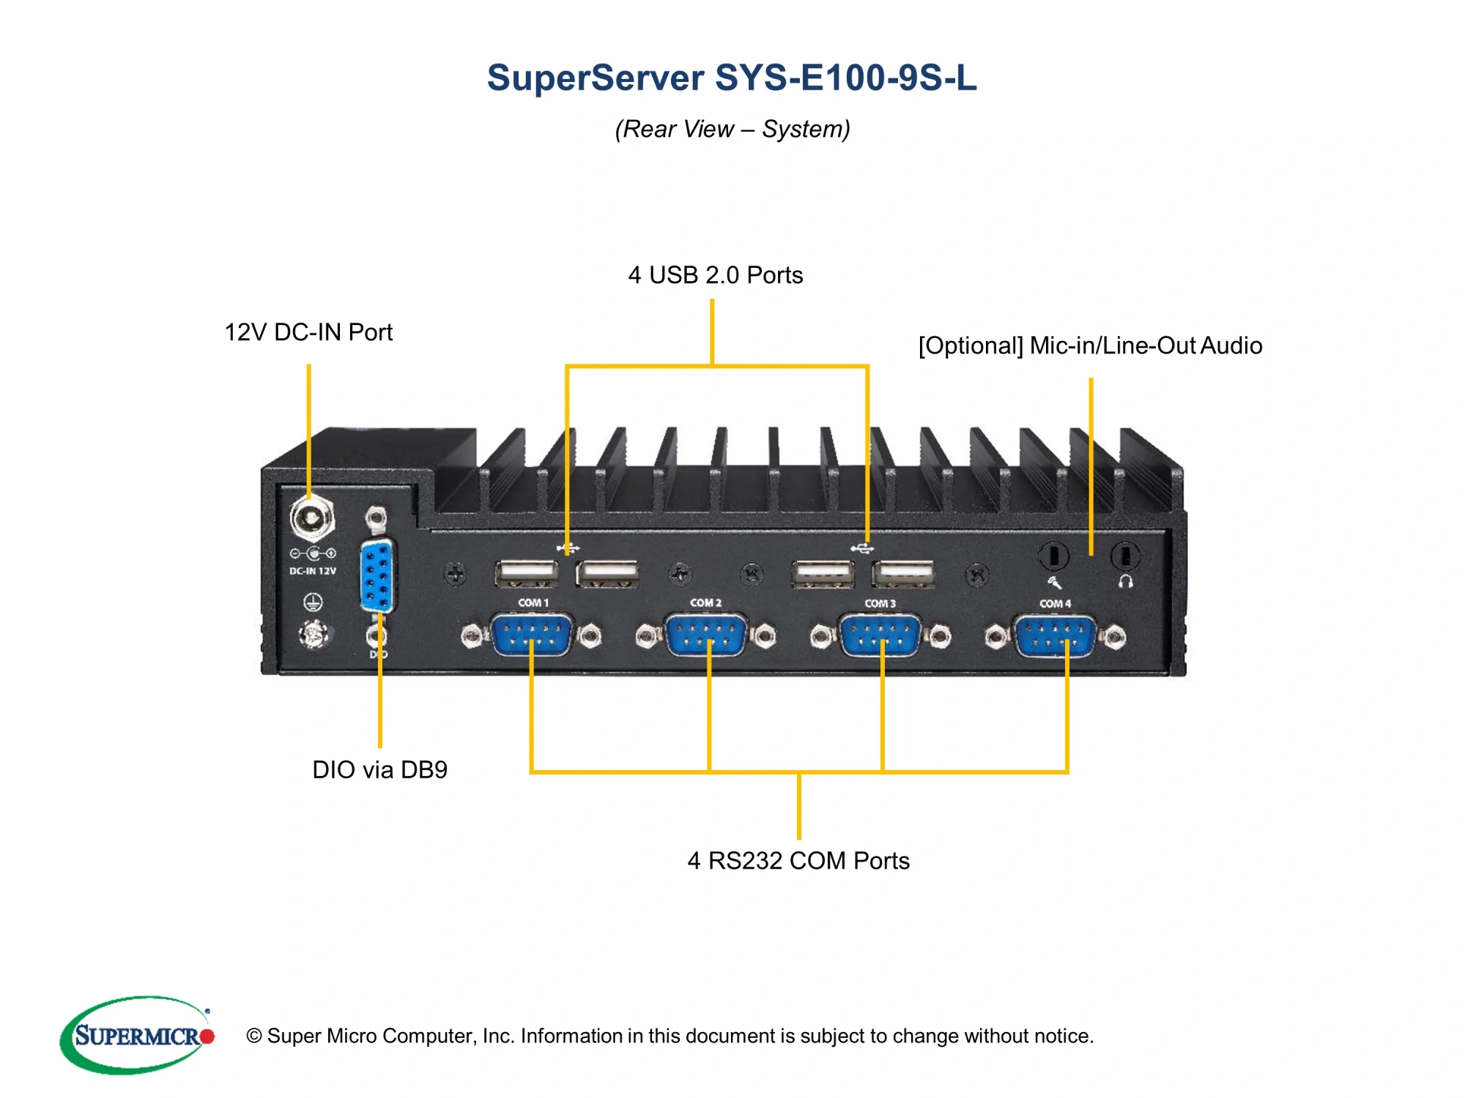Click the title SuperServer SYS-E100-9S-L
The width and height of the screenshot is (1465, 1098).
[732, 78]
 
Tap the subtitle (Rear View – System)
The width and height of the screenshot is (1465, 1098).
[732, 129]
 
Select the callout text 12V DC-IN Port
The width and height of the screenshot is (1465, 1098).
[308, 332]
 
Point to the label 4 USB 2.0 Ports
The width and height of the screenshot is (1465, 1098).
[715, 275]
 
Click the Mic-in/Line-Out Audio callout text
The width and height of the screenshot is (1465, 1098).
[1090, 346]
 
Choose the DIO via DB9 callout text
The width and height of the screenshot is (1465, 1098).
[379, 769]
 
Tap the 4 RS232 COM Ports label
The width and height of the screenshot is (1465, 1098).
[798, 861]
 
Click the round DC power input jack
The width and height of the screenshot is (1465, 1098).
[312, 518]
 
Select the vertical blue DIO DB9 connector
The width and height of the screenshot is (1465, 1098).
[378, 576]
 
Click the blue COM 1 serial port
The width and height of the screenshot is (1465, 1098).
[532, 635]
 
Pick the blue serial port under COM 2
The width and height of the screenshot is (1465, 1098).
[705, 635]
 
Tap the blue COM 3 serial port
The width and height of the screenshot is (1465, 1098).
[880, 635]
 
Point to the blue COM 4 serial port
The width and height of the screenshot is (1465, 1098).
[1055, 635]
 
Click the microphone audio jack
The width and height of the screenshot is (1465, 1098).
[1053, 556]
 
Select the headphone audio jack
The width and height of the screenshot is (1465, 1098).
[1125, 556]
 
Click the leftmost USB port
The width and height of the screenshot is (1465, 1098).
[527, 573]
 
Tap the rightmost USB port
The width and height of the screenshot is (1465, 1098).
[903, 574]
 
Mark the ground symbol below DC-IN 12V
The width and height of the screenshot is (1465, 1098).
[313, 602]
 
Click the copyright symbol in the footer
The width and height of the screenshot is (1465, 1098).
[254, 1036]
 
